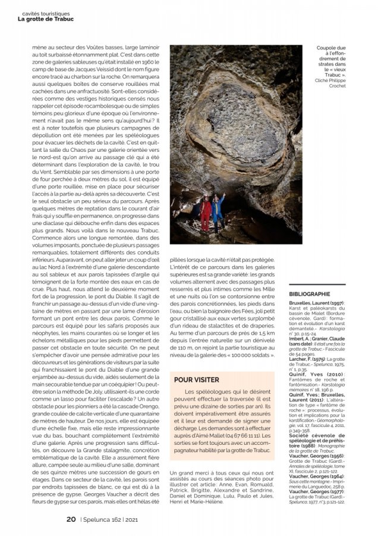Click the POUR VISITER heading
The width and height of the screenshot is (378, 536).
click(x=197, y=379)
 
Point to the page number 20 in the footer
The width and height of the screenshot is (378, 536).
click(x=71, y=519)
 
